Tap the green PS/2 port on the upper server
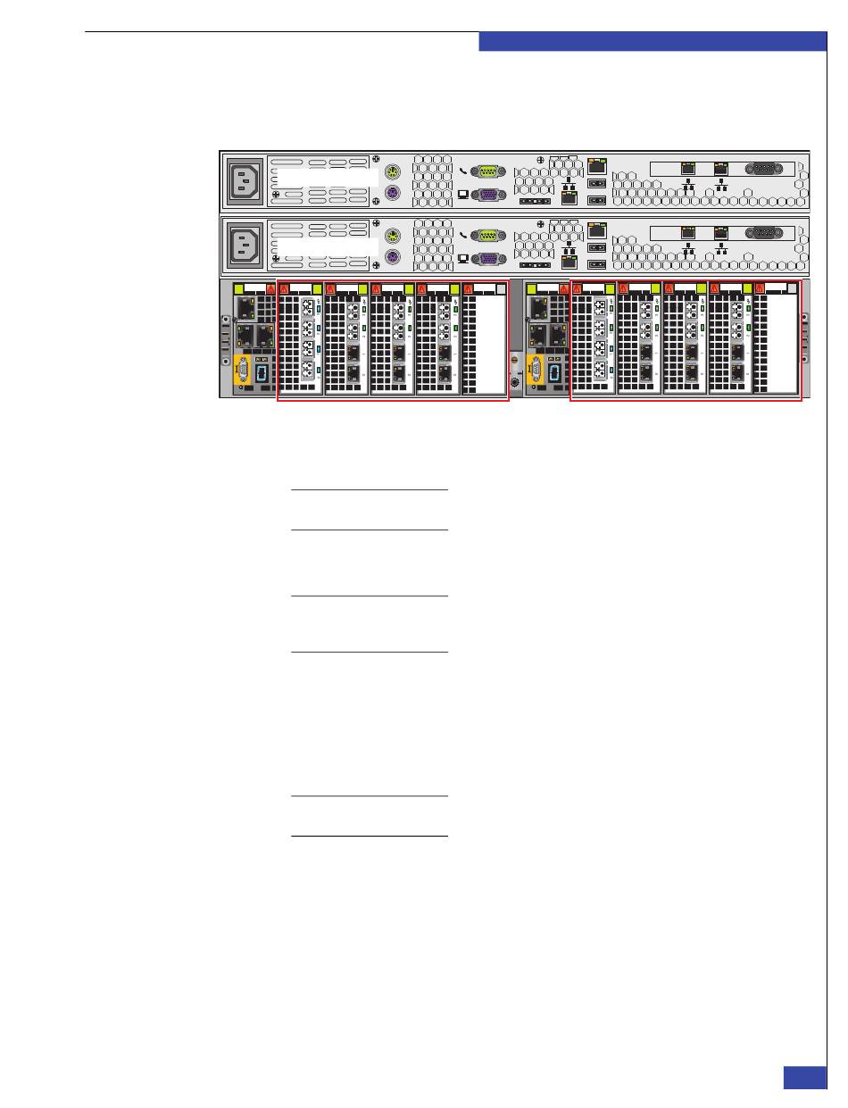391,172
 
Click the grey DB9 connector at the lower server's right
763,232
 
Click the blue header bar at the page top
653,42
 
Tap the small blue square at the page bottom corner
805,1078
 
